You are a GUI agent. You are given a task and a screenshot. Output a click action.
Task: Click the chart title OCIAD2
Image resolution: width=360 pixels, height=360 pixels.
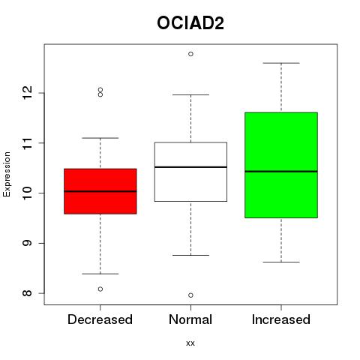click(190, 23)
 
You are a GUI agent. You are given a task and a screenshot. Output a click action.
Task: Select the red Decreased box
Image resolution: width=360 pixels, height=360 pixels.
click(100, 191)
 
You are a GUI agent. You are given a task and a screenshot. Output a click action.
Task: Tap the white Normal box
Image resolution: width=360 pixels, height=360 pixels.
click(190, 172)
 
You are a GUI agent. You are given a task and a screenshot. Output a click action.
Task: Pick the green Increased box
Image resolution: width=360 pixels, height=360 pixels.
click(281, 165)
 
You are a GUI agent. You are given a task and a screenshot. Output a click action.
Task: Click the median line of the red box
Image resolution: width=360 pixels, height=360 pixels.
click(100, 191)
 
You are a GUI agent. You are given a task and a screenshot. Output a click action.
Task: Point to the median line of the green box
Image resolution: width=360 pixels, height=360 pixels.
click(281, 172)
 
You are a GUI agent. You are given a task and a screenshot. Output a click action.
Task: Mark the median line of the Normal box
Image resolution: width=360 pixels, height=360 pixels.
click(190, 167)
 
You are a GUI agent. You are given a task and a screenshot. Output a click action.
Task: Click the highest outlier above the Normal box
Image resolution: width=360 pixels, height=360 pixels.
click(190, 54)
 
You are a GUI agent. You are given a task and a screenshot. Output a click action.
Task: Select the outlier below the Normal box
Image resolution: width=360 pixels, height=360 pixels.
click(190, 295)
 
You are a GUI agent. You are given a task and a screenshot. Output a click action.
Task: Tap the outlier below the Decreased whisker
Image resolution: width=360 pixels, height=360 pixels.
click(100, 289)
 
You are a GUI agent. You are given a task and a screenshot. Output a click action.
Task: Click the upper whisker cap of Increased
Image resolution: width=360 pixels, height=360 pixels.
click(281, 63)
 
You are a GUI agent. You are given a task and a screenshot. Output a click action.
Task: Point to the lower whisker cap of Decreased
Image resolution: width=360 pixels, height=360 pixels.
click(100, 274)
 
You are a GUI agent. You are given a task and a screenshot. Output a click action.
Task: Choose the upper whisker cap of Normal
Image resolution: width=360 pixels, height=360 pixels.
click(190, 94)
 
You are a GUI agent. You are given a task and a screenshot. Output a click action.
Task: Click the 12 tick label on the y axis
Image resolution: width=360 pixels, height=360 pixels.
click(28, 93)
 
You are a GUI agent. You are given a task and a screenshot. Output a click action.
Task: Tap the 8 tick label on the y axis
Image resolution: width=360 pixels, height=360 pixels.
click(28, 293)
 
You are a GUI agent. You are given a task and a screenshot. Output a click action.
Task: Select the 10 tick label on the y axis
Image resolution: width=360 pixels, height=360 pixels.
click(28, 193)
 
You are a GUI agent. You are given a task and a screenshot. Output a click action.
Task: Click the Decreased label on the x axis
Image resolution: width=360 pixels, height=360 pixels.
click(100, 319)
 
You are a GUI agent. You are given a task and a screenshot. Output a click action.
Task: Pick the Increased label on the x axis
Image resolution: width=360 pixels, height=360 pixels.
click(281, 319)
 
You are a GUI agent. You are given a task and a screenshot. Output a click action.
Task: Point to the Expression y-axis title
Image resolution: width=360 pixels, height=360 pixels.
click(7, 174)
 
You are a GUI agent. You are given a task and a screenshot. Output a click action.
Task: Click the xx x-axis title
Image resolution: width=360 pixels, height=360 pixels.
click(190, 343)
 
